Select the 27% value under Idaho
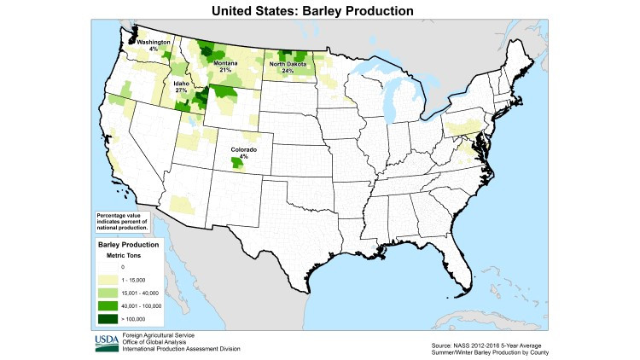tap(181, 90)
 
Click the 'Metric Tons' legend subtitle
tap(123, 254)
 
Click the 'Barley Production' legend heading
tap(127, 244)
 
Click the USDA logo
tap(107, 342)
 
